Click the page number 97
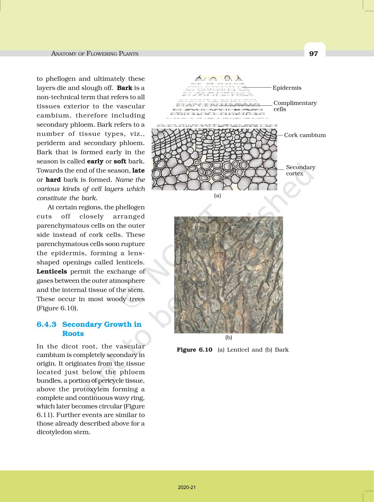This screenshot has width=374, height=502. coord(314,54)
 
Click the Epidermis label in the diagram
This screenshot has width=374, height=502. coord(287,88)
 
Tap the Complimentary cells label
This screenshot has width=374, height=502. coord(295,106)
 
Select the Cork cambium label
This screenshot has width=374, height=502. coord(305,135)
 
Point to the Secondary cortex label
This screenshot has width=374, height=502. coord(300,170)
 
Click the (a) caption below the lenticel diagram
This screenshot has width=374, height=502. coord(217,196)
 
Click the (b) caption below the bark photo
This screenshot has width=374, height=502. coord(229,338)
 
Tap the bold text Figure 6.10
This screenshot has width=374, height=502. coord(194,350)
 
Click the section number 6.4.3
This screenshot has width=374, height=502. coord(46,325)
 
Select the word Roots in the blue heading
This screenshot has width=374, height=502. coord(73,334)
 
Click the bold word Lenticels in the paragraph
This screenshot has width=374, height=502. coord(52,272)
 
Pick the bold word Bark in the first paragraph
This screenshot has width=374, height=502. coord(124,88)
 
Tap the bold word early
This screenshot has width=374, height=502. coord(95,161)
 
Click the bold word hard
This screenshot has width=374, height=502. coord(53,180)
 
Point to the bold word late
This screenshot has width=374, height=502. coord(138,171)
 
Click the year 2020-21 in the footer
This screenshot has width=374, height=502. coord(187,487)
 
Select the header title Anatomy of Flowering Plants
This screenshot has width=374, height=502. coord(95,54)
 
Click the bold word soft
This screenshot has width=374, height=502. coord(120,161)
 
